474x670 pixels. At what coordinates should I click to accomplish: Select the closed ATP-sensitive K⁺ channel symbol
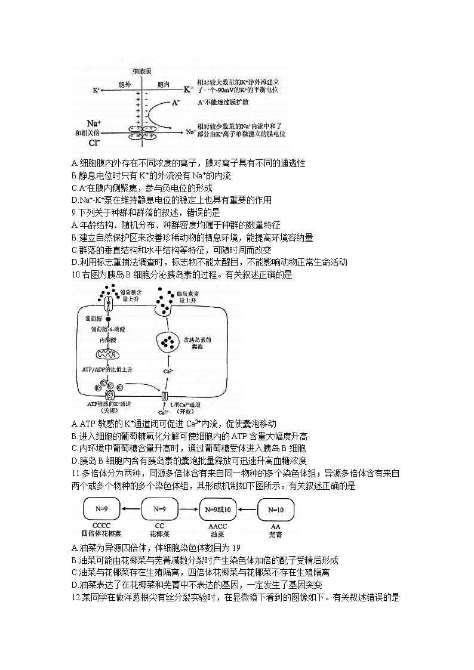[x=109, y=396]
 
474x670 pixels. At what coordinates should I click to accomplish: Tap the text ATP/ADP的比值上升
[x=109, y=370]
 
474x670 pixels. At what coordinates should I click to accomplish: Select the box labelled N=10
[x=276, y=510]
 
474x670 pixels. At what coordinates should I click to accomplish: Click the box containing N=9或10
[x=218, y=510]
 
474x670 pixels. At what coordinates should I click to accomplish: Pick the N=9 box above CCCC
[x=101, y=510]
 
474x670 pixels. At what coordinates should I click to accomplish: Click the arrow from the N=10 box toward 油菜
[x=247, y=510]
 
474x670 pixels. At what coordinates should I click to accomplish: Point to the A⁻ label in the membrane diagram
[x=175, y=103]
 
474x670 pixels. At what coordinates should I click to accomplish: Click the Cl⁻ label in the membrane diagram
[x=94, y=144]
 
